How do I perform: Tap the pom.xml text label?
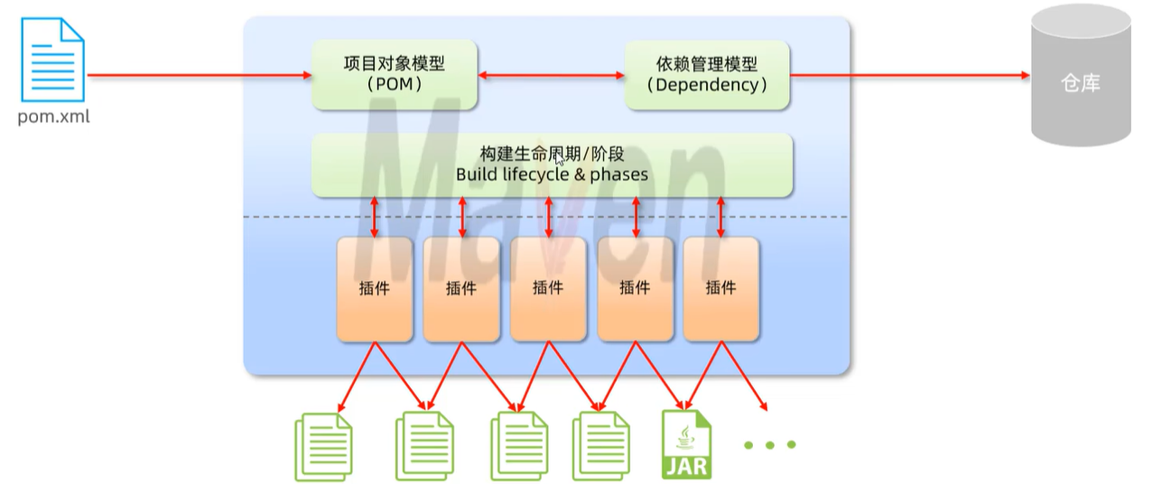(54, 117)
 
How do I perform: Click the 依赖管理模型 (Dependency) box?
(707, 75)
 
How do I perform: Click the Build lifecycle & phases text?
(552, 174)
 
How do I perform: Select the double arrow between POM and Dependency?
(551, 76)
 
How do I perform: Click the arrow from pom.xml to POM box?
(199, 76)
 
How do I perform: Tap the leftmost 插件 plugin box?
(375, 289)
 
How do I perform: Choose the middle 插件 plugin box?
(548, 289)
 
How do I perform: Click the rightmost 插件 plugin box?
(721, 289)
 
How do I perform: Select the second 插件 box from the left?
(461, 289)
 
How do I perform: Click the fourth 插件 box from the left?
(635, 289)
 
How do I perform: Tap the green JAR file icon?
(686, 444)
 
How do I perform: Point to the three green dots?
(769, 444)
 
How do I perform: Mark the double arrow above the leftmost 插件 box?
(375, 217)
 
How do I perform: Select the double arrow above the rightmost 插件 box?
(721, 217)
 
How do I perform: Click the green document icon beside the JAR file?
(600, 446)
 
